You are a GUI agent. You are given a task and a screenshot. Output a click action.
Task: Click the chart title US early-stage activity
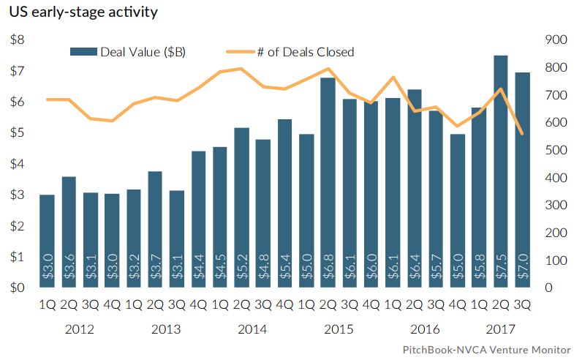point(83,12)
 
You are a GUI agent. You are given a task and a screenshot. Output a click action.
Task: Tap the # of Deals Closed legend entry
point(291,52)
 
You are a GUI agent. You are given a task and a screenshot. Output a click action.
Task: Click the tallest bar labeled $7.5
point(500,172)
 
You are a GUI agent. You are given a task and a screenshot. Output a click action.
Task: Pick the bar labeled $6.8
point(328,183)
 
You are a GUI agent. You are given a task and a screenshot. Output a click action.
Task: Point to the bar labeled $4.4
point(198,220)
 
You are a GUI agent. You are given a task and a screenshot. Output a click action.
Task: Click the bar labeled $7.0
point(522,180)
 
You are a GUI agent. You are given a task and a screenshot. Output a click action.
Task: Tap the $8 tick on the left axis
point(15,40)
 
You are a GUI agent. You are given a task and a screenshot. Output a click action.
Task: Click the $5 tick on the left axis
point(15,133)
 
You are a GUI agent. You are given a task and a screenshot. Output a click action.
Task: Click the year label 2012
point(79,329)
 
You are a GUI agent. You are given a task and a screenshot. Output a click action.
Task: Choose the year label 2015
point(338,329)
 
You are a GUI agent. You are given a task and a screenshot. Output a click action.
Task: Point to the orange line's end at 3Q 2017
point(522,133)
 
